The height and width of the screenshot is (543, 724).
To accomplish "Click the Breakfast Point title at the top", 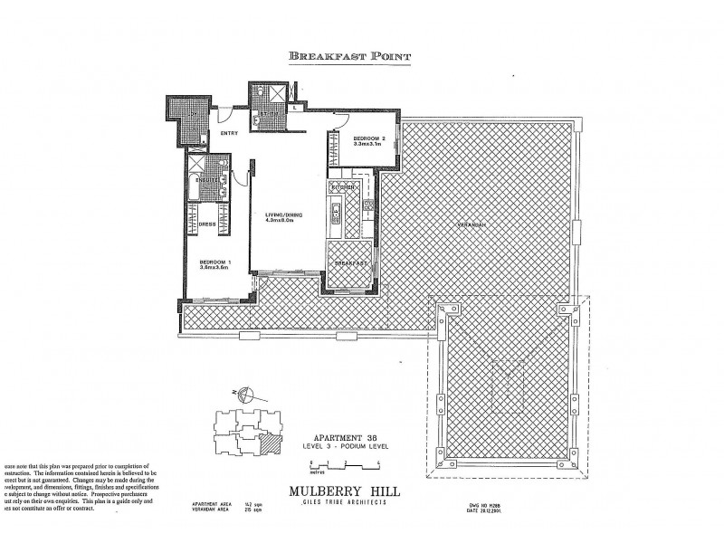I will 349,57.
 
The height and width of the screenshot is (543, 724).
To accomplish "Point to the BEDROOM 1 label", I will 215,262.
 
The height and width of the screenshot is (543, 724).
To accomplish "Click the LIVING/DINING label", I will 284,214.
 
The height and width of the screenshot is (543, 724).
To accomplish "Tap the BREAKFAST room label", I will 348,263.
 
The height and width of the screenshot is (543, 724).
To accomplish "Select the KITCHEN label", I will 340,187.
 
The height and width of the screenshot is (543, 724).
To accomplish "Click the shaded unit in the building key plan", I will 267,443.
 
